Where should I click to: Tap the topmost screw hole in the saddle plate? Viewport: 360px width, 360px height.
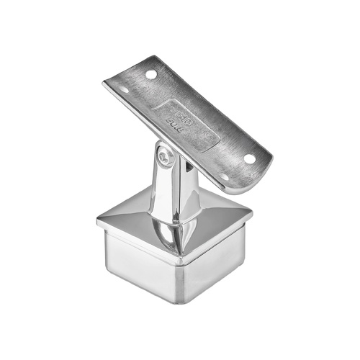point(151,73)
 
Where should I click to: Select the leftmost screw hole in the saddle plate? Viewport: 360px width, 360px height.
point(124,91)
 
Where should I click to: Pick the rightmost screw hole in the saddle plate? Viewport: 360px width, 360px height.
point(249,158)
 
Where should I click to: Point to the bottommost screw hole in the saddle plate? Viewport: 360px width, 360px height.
point(223,176)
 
